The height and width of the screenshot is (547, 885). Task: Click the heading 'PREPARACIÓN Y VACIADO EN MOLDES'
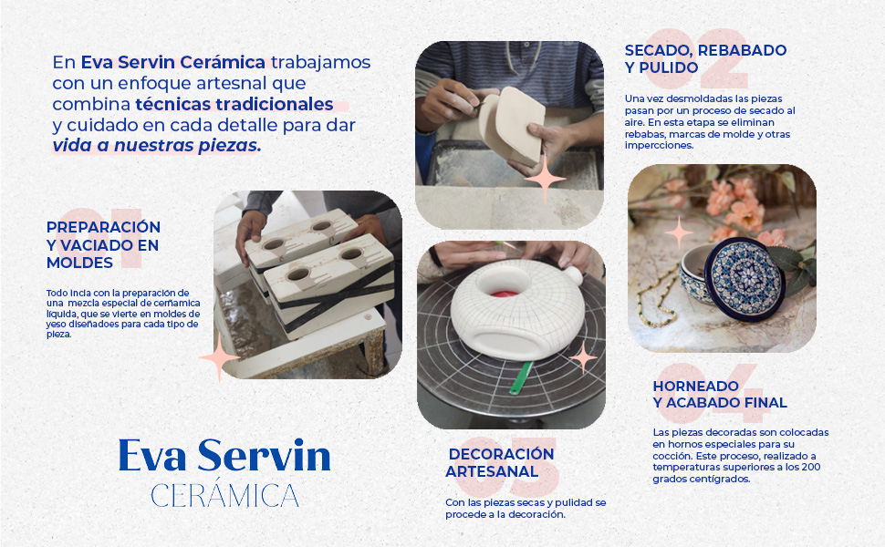coord(103,244)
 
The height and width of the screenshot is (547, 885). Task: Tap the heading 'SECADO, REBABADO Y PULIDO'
coord(705,58)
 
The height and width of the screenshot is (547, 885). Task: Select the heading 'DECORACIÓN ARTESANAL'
coord(500,462)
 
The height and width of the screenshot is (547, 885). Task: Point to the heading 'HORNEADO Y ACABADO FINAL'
coord(720,394)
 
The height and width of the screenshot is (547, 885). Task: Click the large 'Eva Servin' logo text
coord(224,456)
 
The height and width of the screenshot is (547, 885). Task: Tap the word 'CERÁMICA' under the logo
coord(224,496)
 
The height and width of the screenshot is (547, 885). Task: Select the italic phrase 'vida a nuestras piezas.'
coord(157,145)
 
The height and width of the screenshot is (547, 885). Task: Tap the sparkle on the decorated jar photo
coord(679,232)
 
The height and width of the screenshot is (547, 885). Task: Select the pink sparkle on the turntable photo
coord(582,358)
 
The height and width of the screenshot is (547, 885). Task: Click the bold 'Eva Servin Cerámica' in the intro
coord(173,63)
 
